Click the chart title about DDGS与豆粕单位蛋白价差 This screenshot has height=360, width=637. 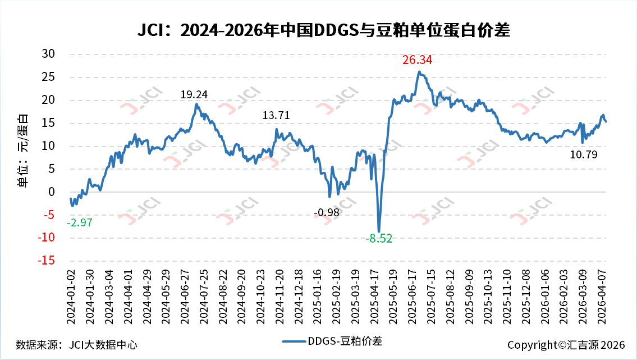[323, 30]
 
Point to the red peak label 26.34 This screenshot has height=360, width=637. [417, 60]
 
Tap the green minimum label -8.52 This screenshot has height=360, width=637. [379, 239]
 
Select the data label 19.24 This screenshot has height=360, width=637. [194, 95]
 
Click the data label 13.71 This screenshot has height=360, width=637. [276, 115]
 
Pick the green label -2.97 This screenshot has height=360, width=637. [79, 222]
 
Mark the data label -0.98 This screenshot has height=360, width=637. [326, 212]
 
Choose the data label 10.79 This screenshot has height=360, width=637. [583, 154]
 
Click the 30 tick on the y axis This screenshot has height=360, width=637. [48, 53]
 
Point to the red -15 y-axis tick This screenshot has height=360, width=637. [46, 260]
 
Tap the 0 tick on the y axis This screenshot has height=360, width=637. [51, 192]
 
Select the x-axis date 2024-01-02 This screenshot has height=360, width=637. [71, 297]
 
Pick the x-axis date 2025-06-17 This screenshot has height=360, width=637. [412, 297]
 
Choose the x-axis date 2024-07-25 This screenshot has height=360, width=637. [204, 297]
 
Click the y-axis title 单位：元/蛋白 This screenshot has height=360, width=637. [23, 151]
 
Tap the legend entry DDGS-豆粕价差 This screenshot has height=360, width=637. [332, 341]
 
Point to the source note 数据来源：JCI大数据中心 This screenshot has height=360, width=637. [77, 345]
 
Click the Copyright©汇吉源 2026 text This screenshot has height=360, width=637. [566, 345]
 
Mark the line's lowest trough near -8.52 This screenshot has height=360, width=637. [379, 231]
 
